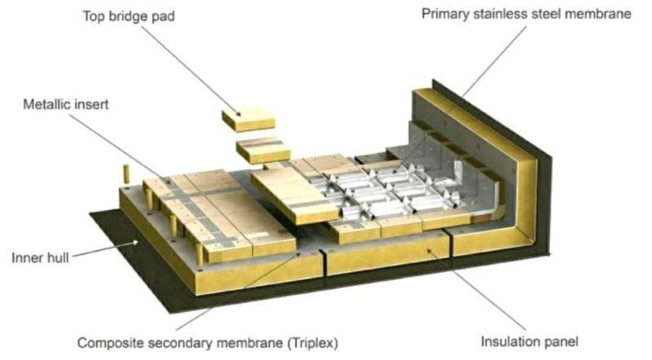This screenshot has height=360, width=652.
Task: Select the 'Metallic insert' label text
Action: pos(67,103)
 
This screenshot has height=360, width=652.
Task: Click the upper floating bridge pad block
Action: pos(248,121)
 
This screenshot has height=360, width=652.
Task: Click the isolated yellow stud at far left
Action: pos(126,174)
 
